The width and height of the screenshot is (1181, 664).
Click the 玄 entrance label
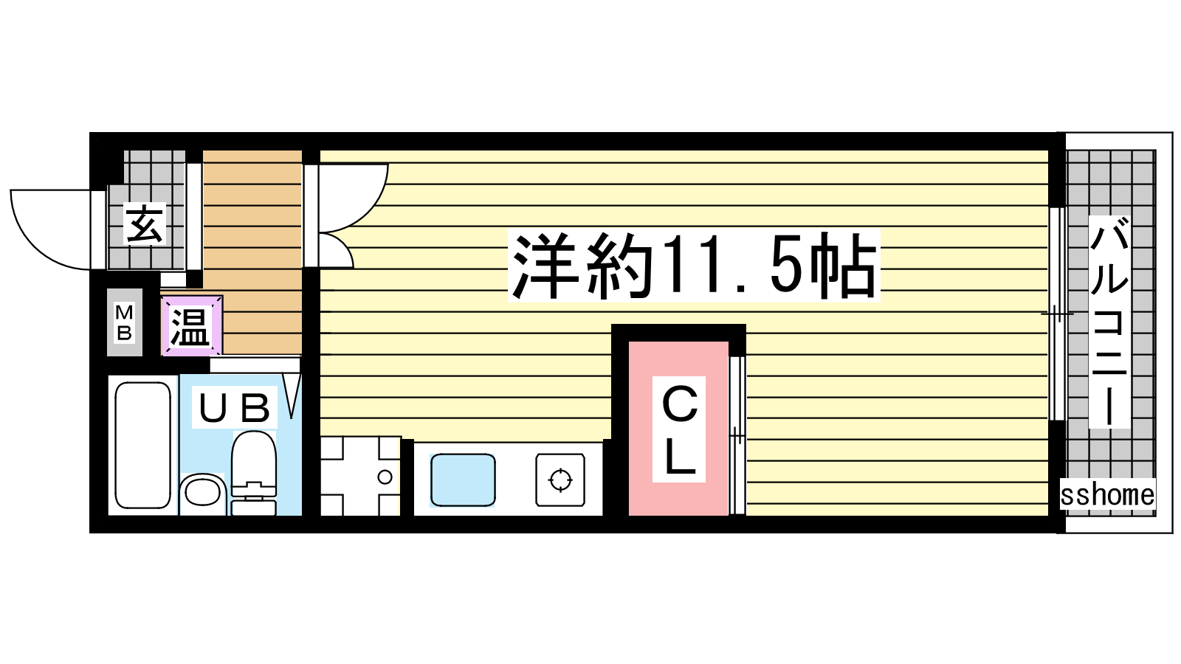click(x=145, y=224)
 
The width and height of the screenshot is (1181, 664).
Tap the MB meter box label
click(x=125, y=322)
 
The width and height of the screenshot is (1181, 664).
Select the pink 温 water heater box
click(x=192, y=325)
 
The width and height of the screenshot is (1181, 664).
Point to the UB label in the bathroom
click(x=234, y=407)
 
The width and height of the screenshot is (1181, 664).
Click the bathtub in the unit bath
click(x=143, y=446)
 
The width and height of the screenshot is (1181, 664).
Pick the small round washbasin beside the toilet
click(x=202, y=494)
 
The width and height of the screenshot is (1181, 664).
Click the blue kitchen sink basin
click(x=463, y=480)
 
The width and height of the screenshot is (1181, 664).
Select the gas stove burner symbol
click(x=560, y=480)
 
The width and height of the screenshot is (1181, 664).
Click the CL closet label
click(x=679, y=429)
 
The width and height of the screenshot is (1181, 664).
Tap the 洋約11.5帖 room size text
click(x=694, y=266)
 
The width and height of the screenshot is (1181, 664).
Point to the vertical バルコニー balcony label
click(x=1109, y=322)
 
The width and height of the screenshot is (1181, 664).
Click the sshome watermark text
click(x=1107, y=495)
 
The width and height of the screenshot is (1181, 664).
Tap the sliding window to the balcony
click(x=1056, y=314)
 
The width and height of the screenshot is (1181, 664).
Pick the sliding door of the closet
click(x=737, y=436)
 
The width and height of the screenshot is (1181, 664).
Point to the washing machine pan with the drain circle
click(x=361, y=477)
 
